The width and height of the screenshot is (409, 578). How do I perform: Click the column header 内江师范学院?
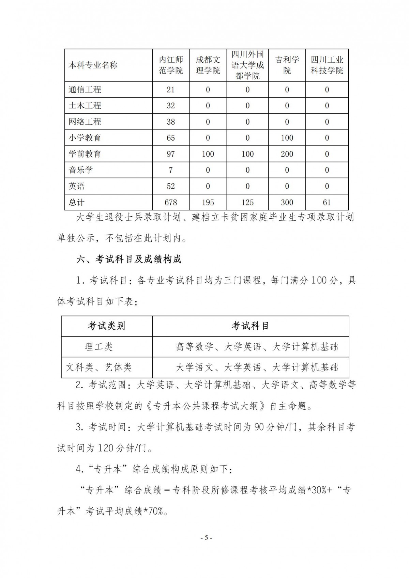(x=171, y=65)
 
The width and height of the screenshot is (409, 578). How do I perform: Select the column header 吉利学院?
(x=287, y=65)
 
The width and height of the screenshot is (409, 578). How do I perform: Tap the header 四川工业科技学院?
(x=327, y=65)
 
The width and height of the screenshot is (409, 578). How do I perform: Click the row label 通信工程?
(x=85, y=90)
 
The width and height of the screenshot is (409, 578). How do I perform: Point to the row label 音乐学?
(x=81, y=170)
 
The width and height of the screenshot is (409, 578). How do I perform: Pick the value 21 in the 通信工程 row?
(x=171, y=90)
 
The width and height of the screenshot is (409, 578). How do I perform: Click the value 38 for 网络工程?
(x=171, y=122)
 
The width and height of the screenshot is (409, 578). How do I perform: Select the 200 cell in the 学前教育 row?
(x=287, y=154)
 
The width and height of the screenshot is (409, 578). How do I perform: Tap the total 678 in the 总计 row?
(x=171, y=202)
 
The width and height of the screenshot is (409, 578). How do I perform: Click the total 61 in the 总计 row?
(x=327, y=202)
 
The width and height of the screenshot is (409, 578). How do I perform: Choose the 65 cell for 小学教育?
(x=171, y=138)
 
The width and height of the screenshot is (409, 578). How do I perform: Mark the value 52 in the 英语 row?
(x=171, y=186)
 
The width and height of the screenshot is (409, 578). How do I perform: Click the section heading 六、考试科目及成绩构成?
(x=129, y=260)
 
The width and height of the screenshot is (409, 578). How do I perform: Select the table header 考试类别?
(x=106, y=326)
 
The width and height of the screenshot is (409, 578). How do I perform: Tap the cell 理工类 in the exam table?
(x=99, y=347)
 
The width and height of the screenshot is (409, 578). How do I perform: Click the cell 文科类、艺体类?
(x=99, y=367)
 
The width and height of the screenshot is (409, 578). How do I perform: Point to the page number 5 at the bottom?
(x=206, y=538)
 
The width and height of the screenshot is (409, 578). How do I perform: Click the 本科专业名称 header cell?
(x=93, y=65)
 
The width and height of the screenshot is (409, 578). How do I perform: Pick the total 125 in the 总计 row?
(x=247, y=202)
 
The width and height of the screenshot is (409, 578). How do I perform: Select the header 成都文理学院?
(x=208, y=65)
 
